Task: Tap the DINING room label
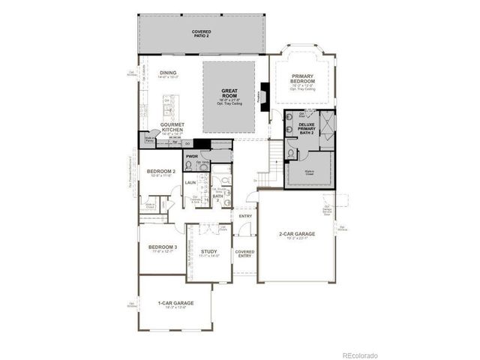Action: pos(168,73)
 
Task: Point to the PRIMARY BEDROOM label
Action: pos(304,78)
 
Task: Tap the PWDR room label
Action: pos(191,157)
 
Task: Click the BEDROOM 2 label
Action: pos(160,172)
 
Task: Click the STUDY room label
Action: pos(208,252)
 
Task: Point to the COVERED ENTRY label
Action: pos(244,254)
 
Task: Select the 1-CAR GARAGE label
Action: pos(175,303)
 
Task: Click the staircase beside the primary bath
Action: pos(274,157)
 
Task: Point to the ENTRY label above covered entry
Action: pos(244,216)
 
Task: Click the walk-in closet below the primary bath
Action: pos(309,170)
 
